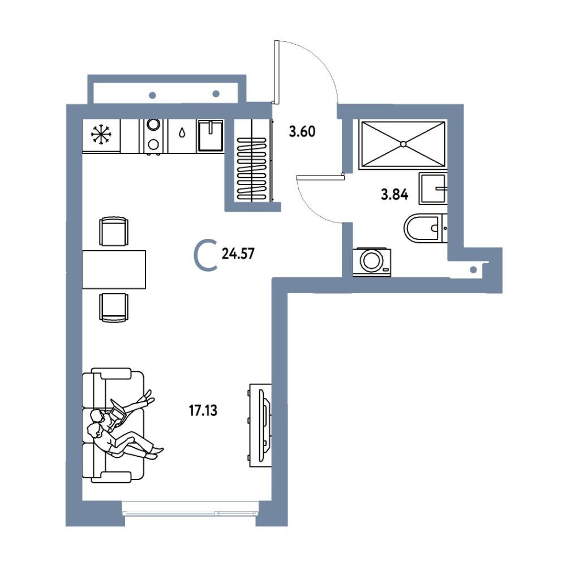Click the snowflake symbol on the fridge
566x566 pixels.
point(101,135)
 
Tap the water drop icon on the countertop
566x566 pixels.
point(182,133)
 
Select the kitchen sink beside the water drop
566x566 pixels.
point(210,135)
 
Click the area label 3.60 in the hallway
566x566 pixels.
point(302,131)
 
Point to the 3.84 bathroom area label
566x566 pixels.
point(395,195)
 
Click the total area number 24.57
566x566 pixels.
point(238,254)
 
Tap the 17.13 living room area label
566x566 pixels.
point(203,410)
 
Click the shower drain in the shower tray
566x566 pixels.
point(403,144)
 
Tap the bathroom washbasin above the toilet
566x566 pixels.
point(433,188)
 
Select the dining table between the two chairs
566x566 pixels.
point(114,269)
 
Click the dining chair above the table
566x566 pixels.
point(114,231)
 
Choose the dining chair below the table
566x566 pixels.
point(114,307)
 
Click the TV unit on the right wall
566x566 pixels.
point(260,425)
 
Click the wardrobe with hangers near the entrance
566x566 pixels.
point(252,160)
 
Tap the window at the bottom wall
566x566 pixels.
point(191,513)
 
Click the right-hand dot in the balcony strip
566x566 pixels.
point(216,94)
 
